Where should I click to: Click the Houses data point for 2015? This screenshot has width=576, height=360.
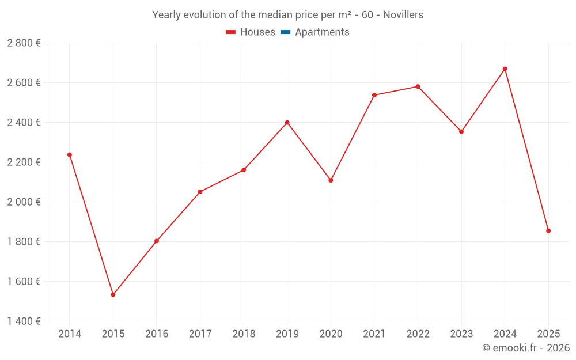(x=113, y=294)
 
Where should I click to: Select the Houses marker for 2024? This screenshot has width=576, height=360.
(x=505, y=69)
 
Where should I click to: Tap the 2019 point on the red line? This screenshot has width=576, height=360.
(x=287, y=122)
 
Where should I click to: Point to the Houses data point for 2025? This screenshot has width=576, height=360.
(x=548, y=230)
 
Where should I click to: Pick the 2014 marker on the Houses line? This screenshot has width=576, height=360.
(x=70, y=154)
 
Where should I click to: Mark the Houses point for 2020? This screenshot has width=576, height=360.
(x=331, y=180)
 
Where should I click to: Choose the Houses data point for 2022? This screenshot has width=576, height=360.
(x=418, y=86)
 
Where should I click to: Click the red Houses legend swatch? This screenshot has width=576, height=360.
(x=231, y=32)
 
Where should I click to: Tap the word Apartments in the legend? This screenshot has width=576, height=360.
(x=322, y=32)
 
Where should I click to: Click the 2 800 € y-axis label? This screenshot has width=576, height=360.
(x=24, y=43)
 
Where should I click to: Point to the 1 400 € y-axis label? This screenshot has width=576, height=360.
(x=24, y=321)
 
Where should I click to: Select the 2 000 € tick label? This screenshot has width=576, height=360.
(x=24, y=202)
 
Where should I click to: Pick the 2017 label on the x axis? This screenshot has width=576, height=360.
(x=200, y=334)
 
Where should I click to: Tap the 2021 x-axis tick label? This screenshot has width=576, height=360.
(x=374, y=334)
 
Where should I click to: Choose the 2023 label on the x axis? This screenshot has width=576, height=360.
(x=461, y=334)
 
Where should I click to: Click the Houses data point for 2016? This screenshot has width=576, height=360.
(x=157, y=241)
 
